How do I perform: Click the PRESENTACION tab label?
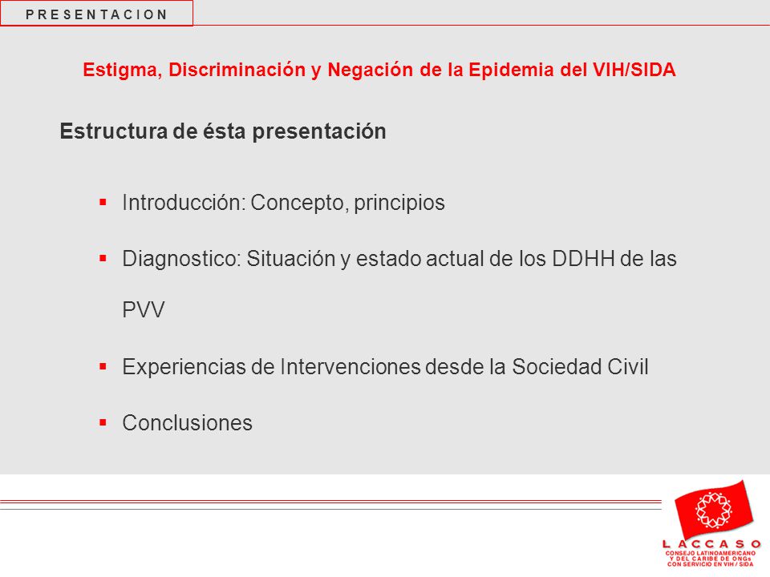click(96, 14)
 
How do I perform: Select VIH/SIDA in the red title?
click(634, 70)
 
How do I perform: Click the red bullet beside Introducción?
click(103, 202)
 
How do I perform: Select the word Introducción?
click(184, 203)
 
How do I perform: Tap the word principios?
click(399, 203)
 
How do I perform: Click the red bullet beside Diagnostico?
click(103, 258)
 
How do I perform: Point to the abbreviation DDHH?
click(583, 259)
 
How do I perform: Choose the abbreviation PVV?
click(144, 310)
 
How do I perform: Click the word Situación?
click(291, 259)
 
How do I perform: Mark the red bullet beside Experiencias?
click(103, 366)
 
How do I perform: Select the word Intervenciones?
click(351, 367)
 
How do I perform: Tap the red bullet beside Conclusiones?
click(103, 422)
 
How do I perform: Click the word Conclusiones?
click(187, 423)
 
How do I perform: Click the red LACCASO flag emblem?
click(714, 510)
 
